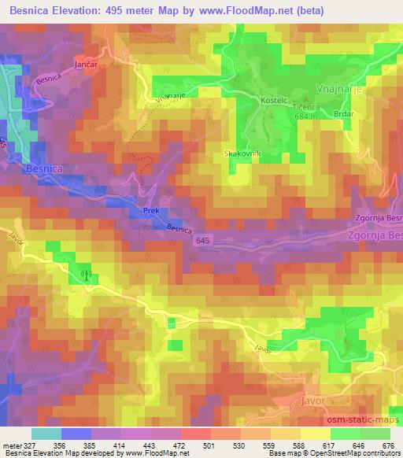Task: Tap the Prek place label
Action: click(x=151, y=211)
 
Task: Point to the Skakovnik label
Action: click(x=238, y=153)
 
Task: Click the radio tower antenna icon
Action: click(x=86, y=275)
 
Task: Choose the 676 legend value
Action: click(x=388, y=445)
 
